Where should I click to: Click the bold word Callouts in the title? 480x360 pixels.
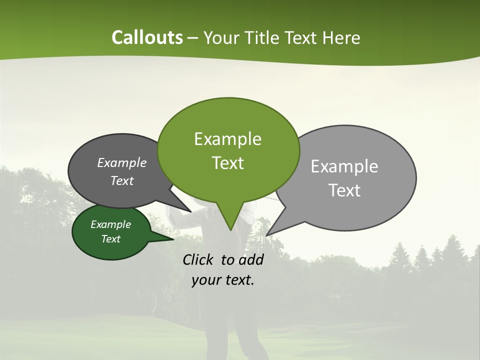pos(147,37)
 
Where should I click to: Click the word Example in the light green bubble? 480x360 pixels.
pos(227,139)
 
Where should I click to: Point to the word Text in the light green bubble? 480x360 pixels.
pos(227,163)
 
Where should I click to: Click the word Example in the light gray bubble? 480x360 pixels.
pos(344,166)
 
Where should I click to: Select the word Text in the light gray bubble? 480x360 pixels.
pos(344,190)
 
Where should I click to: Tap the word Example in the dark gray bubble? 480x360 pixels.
pos(121,162)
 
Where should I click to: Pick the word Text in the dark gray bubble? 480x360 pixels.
pos(121,180)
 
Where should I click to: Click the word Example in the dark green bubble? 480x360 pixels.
pos(110,224)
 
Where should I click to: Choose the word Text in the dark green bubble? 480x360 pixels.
pos(110,239)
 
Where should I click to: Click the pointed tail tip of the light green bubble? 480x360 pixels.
pos(230,230)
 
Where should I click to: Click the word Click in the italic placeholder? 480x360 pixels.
pos(199,259)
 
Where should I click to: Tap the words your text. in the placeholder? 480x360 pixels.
pos(223,280)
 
